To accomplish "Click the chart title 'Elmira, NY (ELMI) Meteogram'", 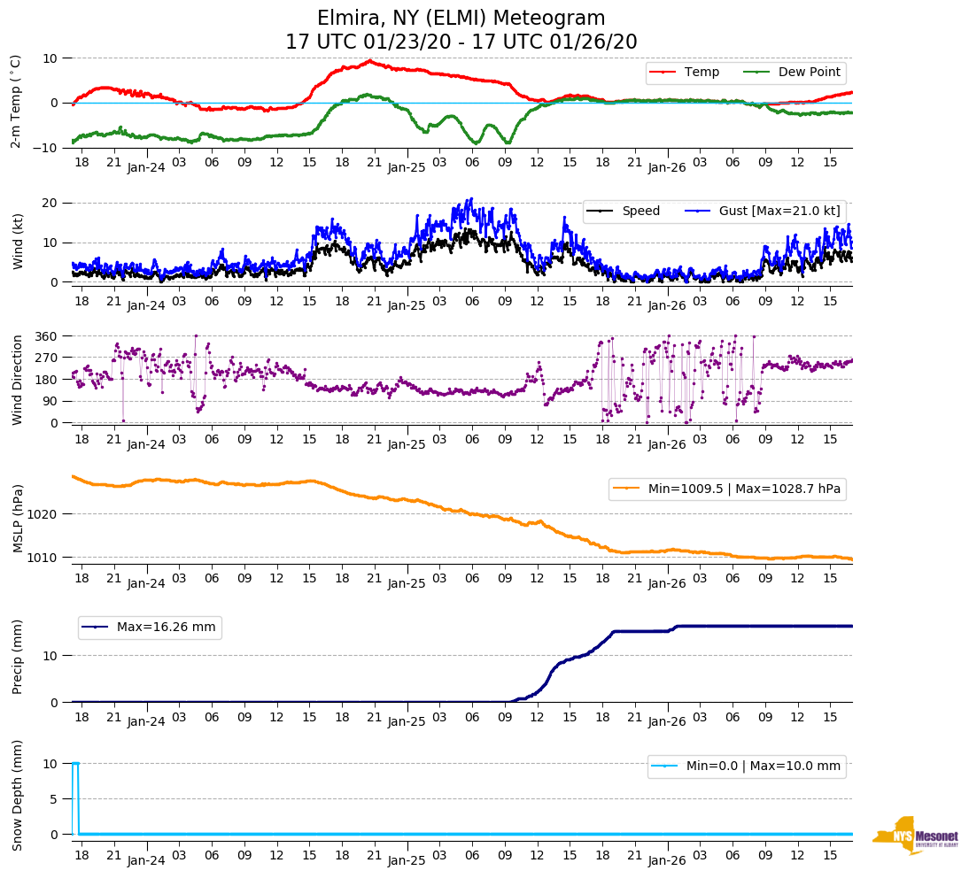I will (461, 19).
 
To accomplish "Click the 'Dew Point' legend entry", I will (809, 73).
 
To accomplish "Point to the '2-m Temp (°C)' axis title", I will (15, 101).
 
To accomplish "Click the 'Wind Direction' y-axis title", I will (18, 379).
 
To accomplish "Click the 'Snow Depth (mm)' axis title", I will (18, 795).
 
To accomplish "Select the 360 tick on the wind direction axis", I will (47, 336).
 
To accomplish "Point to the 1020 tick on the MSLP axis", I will (43, 514).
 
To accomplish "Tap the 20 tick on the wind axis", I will (50, 203).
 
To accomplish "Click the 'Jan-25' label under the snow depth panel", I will (407, 860).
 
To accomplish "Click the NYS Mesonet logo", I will (915, 835).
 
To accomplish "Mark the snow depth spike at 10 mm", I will (75, 763).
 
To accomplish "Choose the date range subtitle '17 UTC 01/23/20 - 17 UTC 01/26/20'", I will (461, 42).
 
